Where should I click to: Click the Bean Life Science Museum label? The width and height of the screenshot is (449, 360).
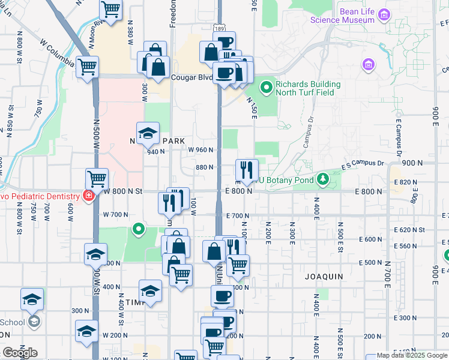click(342, 16)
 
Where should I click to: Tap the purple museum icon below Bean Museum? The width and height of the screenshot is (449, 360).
click(368, 64)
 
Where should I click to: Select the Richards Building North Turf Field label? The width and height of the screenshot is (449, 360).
click(308, 88)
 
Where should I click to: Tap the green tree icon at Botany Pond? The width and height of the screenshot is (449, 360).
click(324, 179)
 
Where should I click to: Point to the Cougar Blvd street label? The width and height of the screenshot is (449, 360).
click(193, 77)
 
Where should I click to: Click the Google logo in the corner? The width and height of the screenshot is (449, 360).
click(20, 353)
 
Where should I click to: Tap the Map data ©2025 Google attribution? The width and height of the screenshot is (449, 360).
click(412, 356)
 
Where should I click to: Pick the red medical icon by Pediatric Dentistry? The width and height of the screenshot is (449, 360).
click(89, 196)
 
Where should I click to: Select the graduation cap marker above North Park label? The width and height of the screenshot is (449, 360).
click(148, 133)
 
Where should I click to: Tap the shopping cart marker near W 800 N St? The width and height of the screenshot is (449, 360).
click(97, 178)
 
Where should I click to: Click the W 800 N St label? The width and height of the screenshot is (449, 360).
click(123, 191)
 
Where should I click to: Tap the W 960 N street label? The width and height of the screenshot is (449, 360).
click(201, 150)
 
